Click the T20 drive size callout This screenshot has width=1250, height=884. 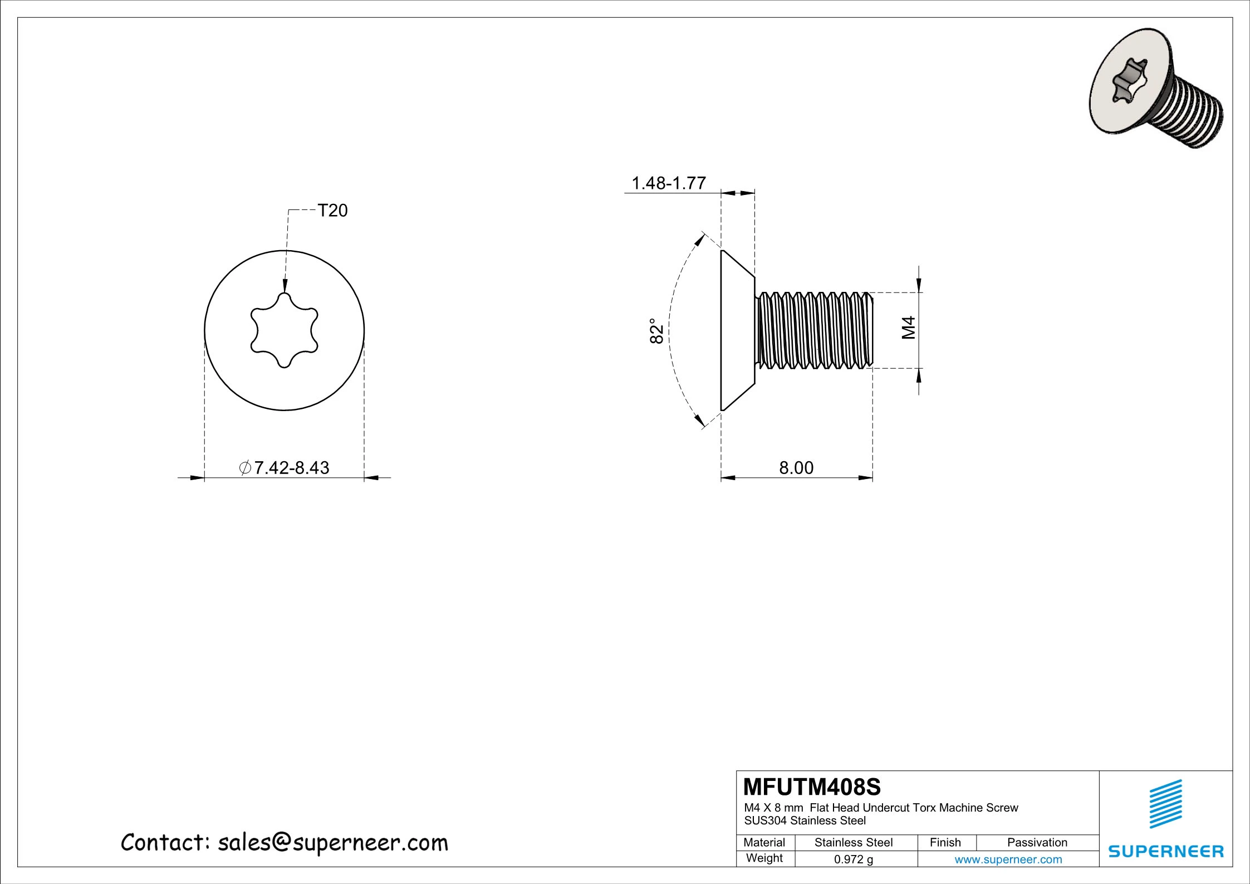332,211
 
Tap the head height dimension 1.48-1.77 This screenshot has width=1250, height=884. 669,183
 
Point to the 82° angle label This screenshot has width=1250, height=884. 657,331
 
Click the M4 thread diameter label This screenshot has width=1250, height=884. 908,328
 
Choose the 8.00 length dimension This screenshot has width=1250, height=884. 796,467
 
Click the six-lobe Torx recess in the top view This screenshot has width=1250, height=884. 285,330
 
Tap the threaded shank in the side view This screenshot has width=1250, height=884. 814,330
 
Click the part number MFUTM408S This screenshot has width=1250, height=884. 812,787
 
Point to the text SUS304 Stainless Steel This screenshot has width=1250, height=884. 805,820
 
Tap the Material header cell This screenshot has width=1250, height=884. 764,843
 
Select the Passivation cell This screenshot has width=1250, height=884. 1037,843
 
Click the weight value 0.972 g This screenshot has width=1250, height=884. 853,859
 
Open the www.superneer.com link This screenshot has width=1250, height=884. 1008,859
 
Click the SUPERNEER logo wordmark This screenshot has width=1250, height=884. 1166,851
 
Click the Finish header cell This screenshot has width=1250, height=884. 945,843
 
